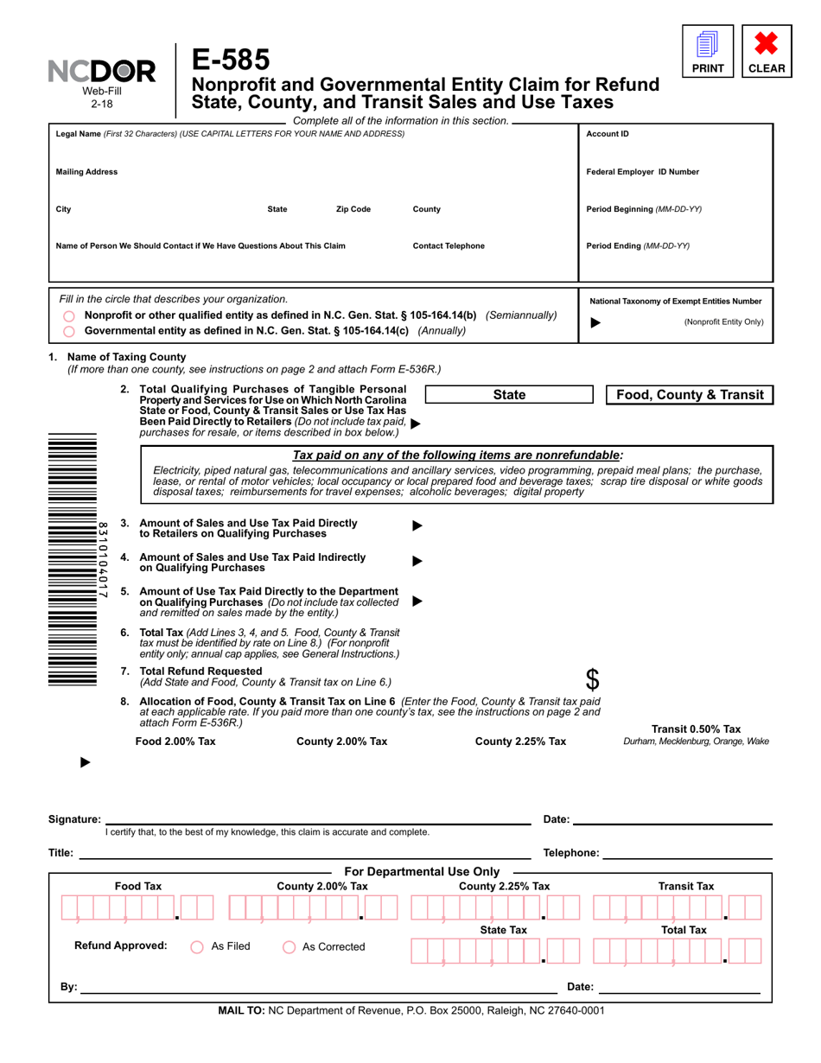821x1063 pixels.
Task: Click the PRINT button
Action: [707, 51]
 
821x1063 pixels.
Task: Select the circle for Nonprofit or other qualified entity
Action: [69, 316]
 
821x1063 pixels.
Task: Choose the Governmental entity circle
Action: [69, 331]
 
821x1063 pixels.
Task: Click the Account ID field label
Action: [608, 134]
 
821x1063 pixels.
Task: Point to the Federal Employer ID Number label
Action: [642, 172]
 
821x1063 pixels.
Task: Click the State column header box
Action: [508, 395]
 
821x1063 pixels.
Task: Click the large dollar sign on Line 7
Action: [592, 678]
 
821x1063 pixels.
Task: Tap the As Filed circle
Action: [196, 946]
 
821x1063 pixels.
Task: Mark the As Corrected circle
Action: [290, 946]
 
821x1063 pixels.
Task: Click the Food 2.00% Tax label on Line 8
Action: [175, 742]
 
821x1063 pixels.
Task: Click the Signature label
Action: [74, 819]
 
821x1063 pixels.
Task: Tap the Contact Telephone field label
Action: [449, 245]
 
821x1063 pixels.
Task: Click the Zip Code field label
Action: [353, 209]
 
